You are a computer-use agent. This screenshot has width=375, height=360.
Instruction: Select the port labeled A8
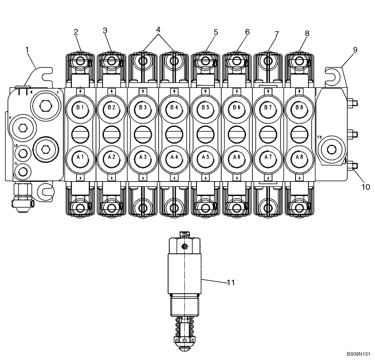point(299,157)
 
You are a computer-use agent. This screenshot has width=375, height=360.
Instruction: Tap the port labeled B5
point(205,108)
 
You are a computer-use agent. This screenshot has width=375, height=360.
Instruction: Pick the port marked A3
point(143,157)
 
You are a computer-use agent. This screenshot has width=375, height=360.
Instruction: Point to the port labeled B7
point(268,108)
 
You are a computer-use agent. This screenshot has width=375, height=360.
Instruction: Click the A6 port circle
point(237,157)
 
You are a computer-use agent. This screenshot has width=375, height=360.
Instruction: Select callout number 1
point(27,49)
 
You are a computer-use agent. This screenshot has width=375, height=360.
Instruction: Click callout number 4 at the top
point(159,29)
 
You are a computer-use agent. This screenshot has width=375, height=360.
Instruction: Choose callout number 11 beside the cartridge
point(231,283)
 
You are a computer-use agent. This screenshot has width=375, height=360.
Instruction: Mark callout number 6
point(247,32)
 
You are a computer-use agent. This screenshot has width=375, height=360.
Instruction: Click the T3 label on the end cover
point(319,137)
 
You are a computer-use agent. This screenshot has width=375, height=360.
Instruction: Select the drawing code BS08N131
point(358,354)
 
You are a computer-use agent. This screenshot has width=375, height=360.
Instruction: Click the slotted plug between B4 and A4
point(174,133)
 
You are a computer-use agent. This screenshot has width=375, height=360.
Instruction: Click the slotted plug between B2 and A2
point(111,133)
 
